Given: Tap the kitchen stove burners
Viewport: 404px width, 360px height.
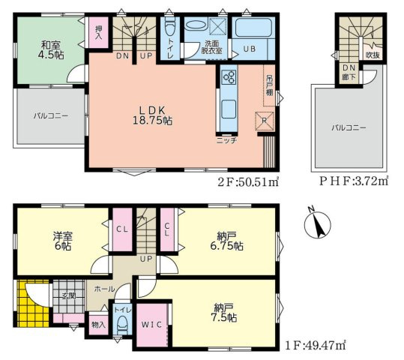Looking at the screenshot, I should click(229, 76).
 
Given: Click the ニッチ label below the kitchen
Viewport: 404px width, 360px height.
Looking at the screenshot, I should click(226, 140).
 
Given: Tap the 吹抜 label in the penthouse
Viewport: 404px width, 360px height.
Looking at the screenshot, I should click(371, 55).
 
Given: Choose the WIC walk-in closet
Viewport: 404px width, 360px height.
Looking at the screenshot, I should click(154, 323).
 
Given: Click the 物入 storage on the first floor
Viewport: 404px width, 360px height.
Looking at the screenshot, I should click(97, 325).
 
